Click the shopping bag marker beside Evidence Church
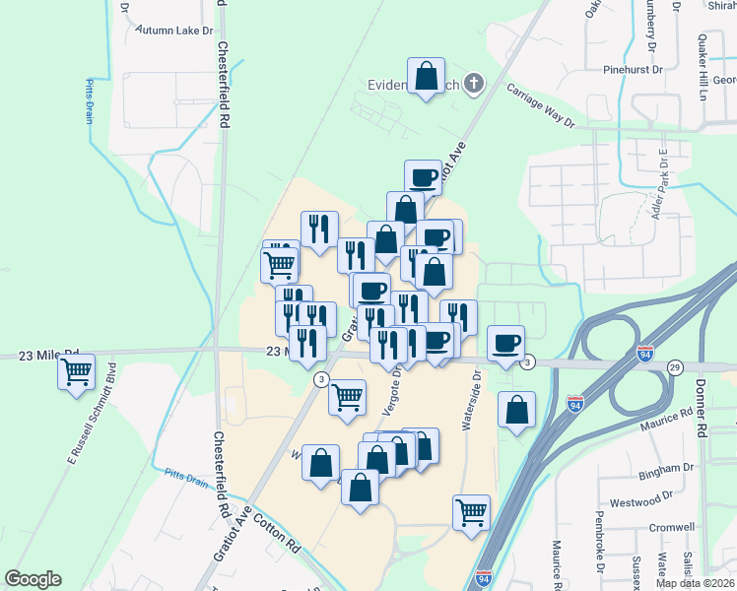(426, 77)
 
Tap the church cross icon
(475, 83)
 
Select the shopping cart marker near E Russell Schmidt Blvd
(77, 372)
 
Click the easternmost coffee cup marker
(506, 343)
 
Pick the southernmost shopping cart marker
(472, 512)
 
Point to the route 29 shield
(674, 367)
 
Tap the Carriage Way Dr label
(540, 105)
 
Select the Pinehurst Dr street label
(636, 71)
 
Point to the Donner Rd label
(702, 408)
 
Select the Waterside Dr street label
(471, 400)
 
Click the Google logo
(33, 579)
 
